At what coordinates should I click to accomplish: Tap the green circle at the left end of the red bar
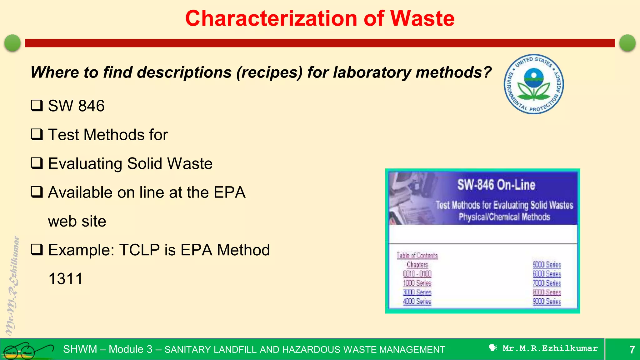(x=12, y=43)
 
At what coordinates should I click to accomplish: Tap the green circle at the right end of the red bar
(x=627, y=43)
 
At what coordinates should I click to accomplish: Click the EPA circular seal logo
(x=534, y=84)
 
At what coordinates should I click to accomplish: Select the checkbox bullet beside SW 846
(x=37, y=106)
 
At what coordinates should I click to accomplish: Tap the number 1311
(x=66, y=279)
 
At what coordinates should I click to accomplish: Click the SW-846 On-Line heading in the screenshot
(x=496, y=185)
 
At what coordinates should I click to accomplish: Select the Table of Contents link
(x=417, y=255)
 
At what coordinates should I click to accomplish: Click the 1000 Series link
(x=417, y=283)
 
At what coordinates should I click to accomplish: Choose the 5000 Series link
(x=547, y=265)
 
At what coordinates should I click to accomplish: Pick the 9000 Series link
(x=547, y=302)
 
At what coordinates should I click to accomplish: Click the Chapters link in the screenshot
(x=417, y=265)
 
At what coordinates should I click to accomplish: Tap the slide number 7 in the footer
(x=632, y=349)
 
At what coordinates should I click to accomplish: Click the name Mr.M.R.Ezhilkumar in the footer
(x=550, y=348)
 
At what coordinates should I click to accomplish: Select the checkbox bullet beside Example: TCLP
(x=37, y=250)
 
